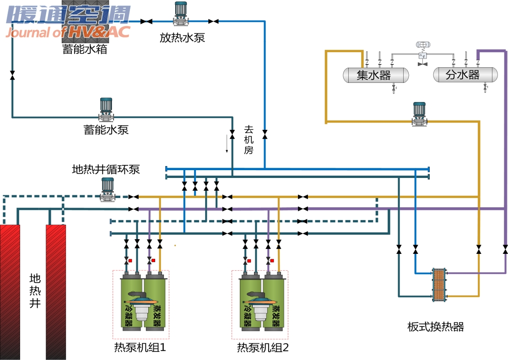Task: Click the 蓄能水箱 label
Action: (x=85, y=49)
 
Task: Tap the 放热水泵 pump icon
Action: (x=181, y=14)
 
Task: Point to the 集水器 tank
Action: (x=376, y=75)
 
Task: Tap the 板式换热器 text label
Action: (x=435, y=327)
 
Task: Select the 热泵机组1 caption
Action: (x=140, y=348)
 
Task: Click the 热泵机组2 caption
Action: (x=263, y=348)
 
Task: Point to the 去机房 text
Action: (x=249, y=140)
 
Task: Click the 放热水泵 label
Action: (x=182, y=38)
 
